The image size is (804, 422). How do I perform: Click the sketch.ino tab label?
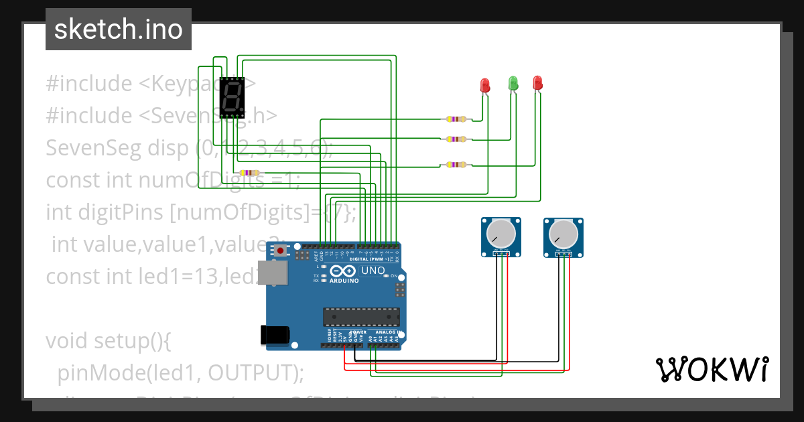tap(118, 29)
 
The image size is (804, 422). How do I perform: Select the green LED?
tap(513, 84)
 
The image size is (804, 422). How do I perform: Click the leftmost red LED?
tap(486, 85)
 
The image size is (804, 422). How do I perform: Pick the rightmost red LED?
tap(537, 83)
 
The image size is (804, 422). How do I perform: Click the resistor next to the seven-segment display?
tap(249, 173)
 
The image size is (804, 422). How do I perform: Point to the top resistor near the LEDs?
tap(456, 119)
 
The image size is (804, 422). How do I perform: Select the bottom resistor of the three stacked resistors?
tap(456, 165)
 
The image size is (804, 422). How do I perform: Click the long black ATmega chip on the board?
tap(361, 317)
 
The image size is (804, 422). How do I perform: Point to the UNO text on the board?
tap(373, 271)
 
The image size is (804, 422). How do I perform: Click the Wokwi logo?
tap(711, 369)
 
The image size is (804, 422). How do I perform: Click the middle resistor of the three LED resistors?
tap(456, 139)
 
